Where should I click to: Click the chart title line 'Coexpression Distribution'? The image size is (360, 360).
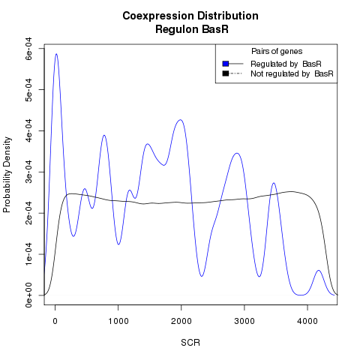pyautogui.click(x=190, y=16)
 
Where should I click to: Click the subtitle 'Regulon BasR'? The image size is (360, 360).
pyautogui.click(x=192, y=29)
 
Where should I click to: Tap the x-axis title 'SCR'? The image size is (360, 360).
pyautogui.click(x=190, y=343)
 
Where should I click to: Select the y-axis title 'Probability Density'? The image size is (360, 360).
pyautogui.click(x=7, y=175)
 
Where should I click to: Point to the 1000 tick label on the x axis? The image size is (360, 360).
pyautogui.click(x=118, y=321)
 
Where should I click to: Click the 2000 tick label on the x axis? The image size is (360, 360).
pyautogui.click(x=181, y=321)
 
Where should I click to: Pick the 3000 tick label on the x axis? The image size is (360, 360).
pyautogui.click(x=244, y=321)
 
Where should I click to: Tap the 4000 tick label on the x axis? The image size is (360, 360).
pyautogui.click(x=307, y=321)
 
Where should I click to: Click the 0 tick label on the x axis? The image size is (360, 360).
pyautogui.click(x=55, y=321)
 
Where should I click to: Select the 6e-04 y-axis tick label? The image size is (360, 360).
pyautogui.click(x=28, y=48)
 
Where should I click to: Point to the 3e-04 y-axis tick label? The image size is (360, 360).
pyautogui.click(x=28, y=172)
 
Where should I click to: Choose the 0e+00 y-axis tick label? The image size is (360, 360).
pyautogui.click(x=28, y=295)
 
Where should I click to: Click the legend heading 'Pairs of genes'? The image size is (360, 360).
pyautogui.click(x=277, y=51)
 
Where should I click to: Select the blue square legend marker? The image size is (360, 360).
pyautogui.click(x=226, y=64)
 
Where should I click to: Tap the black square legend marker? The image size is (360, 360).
pyautogui.click(x=226, y=73)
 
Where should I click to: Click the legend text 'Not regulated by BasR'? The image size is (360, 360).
pyautogui.click(x=292, y=73)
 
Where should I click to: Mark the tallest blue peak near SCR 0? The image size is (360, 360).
pyautogui.click(x=56, y=54)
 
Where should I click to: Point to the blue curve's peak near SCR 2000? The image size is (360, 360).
pyautogui.click(x=180, y=120)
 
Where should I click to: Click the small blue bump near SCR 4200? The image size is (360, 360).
pyautogui.click(x=319, y=271)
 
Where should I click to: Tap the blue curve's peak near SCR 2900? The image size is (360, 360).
pyautogui.click(x=237, y=153)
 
